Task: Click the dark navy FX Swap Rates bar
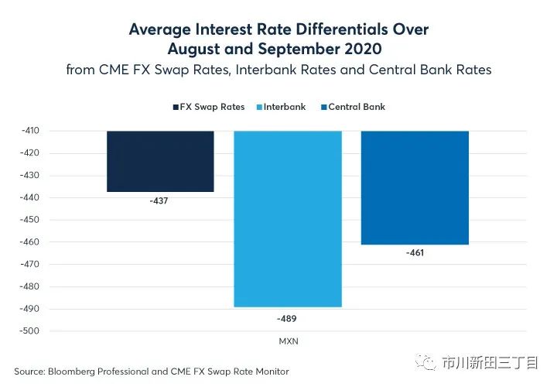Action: [x=160, y=161]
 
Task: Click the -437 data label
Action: [x=160, y=201]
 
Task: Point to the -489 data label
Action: [x=287, y=317]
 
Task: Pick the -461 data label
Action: [x=415, y=253]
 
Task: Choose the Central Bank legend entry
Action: [x=356, y=106]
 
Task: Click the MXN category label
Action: [x=288, y=341]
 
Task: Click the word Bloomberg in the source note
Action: [x=73, y=372]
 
